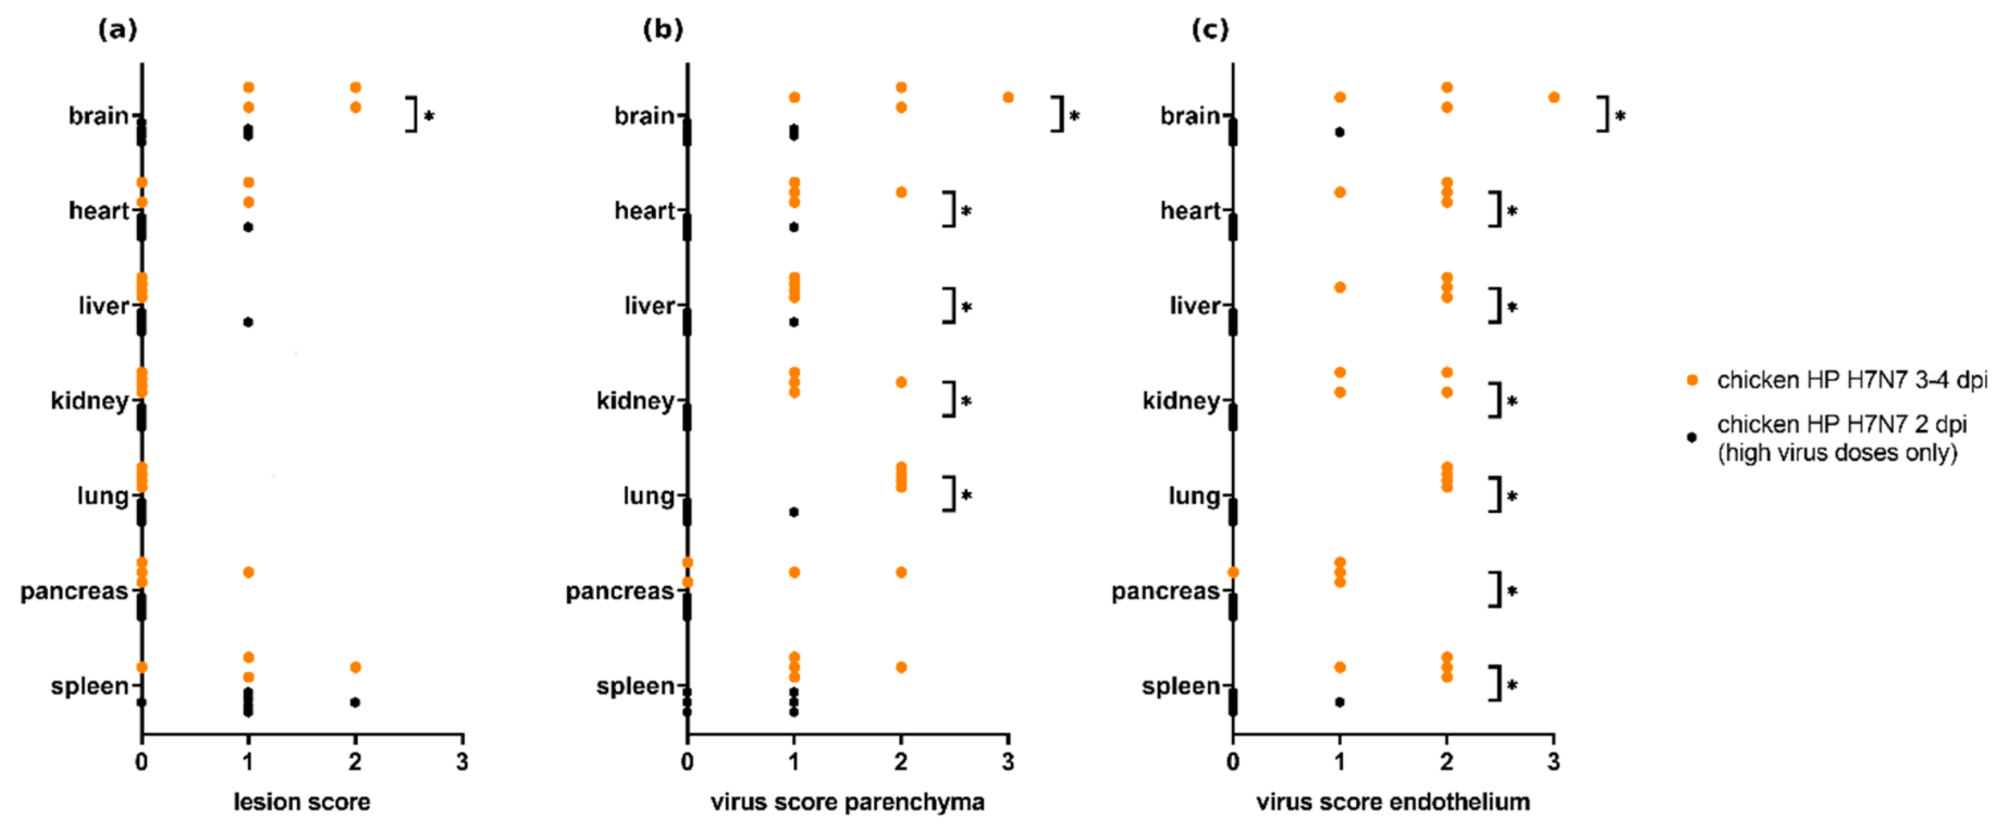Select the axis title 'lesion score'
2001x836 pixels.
point(301,802)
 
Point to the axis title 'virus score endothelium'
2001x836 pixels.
point(1393,802)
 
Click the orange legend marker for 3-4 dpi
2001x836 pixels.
point(1692,380)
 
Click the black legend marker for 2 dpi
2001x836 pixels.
point(1692,437)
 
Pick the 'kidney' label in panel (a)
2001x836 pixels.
point(89,401)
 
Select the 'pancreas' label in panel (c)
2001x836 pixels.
point(1165,591)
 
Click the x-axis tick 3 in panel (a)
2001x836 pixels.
point(462,761)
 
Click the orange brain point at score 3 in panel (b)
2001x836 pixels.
point(1008,97)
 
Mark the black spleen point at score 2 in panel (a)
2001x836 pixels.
point(355,702)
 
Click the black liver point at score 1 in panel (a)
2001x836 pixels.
point(248,321)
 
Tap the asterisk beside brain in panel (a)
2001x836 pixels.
point(429,116)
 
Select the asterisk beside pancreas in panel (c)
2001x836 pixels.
point(1511,591)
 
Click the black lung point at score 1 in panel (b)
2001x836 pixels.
point(793,512)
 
